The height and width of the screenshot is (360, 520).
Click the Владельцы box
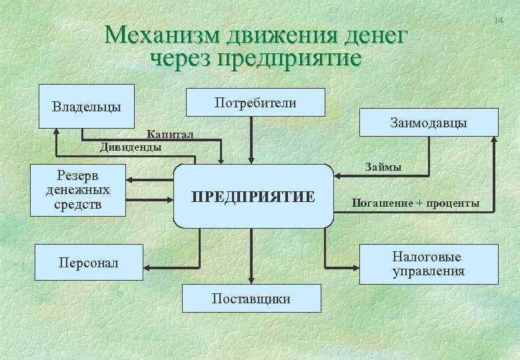coord(87,106)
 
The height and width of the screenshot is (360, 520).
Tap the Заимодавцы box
coord(428,123)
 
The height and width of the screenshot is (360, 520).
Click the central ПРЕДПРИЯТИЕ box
coord(253,196)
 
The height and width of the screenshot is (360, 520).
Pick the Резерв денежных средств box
coord(78,190)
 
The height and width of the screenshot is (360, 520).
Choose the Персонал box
coord(88,263)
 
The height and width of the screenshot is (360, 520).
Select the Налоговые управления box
coord(429,264)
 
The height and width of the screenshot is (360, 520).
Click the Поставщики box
coord(251,298)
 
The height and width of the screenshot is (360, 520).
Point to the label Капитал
coord(171,135)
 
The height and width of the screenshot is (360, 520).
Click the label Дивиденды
coord(131,147)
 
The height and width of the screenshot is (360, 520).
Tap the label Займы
coord(382,167)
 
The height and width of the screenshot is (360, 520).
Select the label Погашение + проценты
coord(416,203)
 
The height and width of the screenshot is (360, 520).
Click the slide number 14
coord(499,22)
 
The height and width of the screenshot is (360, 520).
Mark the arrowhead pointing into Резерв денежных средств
coord(131,179)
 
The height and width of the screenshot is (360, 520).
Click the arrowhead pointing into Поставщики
coord(251,281)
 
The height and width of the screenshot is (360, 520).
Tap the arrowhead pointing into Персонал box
coord(145,268)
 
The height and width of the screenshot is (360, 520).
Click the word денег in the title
coord(370,35)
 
